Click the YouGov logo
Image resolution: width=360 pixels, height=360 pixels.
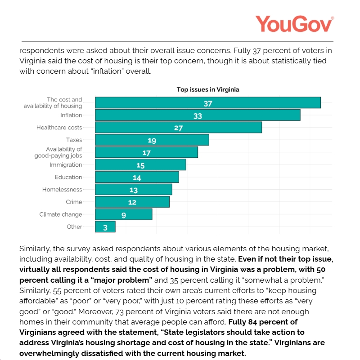[x=294, y=23]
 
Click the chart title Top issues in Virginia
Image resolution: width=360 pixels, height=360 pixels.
[x=207, y=89]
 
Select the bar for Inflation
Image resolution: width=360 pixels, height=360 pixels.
[x=198, y=116]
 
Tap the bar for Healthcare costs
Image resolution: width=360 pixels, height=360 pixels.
[x=178, y=128]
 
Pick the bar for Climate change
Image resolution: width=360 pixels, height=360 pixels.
[x=123, y=215]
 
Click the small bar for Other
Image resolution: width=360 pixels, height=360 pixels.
[x=105, y=227]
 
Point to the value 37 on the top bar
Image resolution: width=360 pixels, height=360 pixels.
[x=207, y=103]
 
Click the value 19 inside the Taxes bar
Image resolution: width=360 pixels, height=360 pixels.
[x=152, y=141]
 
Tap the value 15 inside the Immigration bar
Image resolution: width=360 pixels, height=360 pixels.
[x=140, y=165]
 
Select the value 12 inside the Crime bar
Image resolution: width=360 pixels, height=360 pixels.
[x=132, y=202]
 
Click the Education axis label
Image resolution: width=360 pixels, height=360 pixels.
[x=68, y=177]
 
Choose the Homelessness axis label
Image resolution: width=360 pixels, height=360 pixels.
[x=62, y=190]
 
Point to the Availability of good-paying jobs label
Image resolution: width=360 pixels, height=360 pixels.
[x=58, y=152]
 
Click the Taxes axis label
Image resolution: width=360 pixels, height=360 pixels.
[x=74, y=140]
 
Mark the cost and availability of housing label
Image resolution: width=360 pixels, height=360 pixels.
[x=53, y=103]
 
